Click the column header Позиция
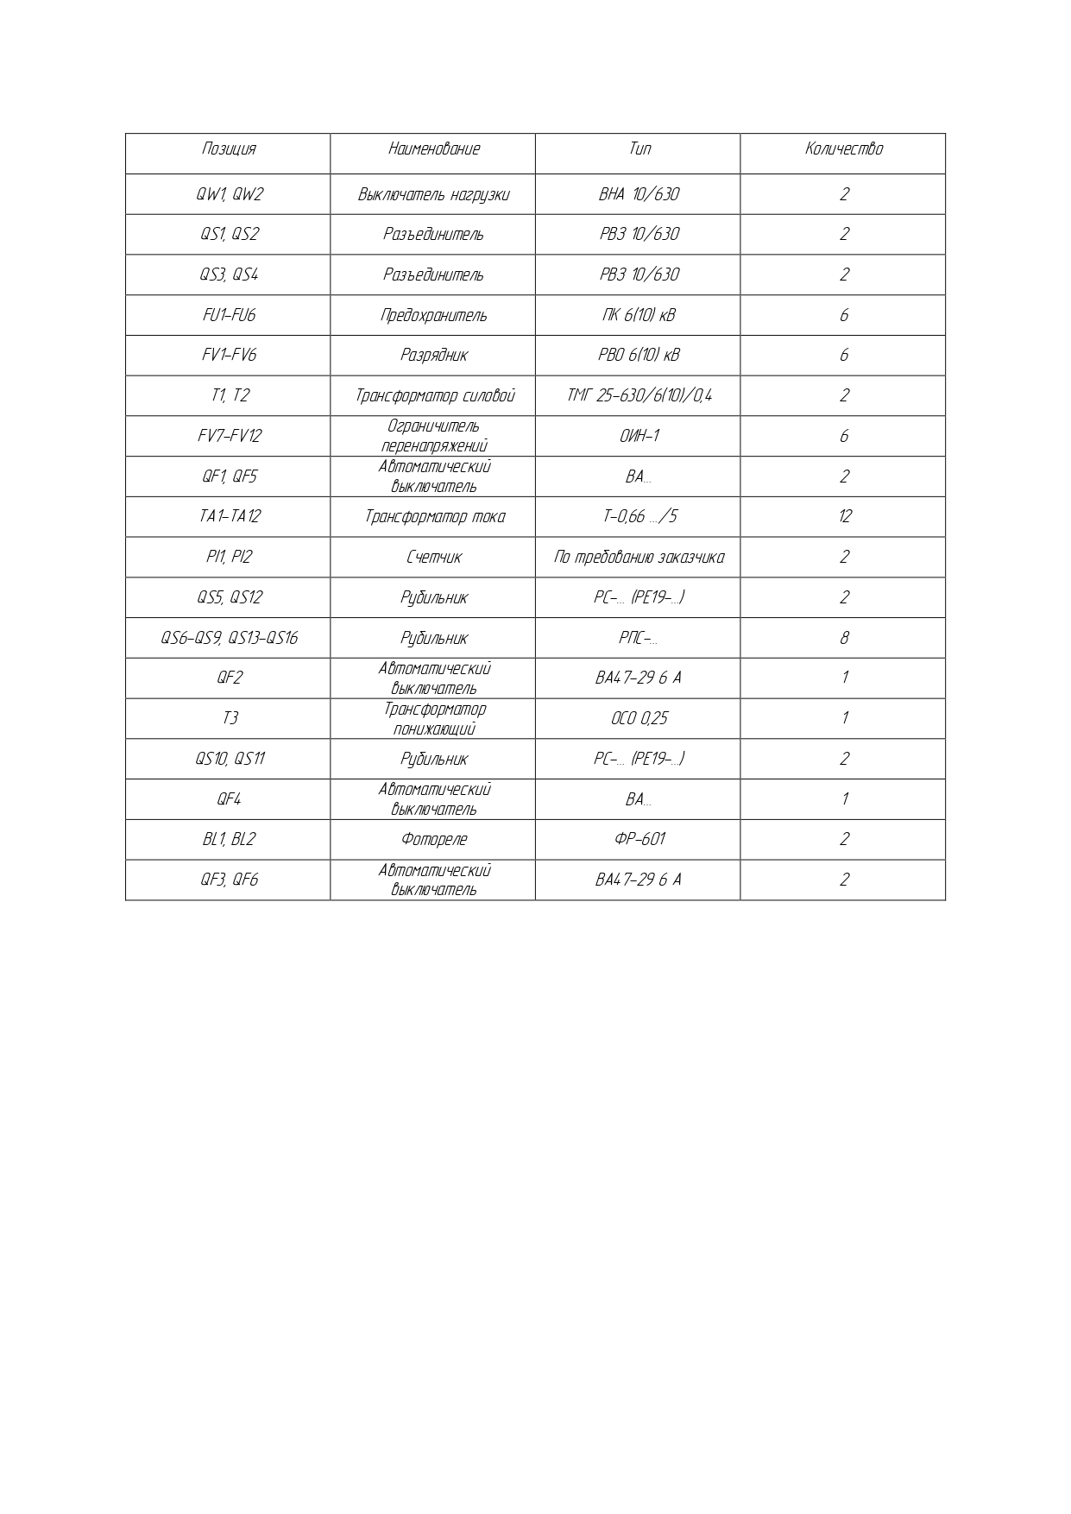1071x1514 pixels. (229, 149)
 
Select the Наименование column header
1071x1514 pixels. (433, 149)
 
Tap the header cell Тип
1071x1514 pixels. (639, 149)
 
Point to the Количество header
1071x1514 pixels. (843, 149)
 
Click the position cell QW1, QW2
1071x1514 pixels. (229, 194)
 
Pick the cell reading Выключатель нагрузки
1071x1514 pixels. (433, 194)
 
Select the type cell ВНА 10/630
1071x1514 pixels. (639, 194)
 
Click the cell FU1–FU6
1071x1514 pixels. (229, 315)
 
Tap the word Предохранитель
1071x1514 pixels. (433, 315)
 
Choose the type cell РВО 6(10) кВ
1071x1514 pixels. (639, 355)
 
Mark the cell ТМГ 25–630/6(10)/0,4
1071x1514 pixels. (639, 395)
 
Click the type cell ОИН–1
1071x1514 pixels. (639, 436)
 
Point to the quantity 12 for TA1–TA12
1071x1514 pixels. (843, 516)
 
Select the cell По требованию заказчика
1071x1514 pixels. (639, 557)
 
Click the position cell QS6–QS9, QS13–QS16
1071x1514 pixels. (229, 638)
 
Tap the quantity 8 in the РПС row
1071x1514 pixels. (843, 638)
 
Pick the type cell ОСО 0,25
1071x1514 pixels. (639, 718)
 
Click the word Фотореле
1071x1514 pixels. (433, 839)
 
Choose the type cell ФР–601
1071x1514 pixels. (639, 839)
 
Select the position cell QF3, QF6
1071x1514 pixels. (229, 880)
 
